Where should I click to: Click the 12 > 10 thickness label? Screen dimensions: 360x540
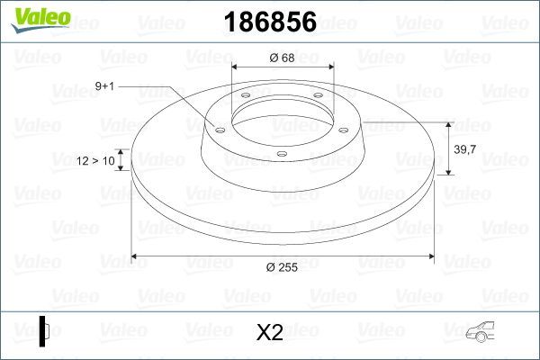(97, 160)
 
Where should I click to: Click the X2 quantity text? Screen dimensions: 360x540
(270, 333)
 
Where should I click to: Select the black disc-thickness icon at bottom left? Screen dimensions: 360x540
(44, 330)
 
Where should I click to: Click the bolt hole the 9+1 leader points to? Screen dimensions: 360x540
(217, 129)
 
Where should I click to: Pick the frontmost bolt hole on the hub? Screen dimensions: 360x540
(282, 154)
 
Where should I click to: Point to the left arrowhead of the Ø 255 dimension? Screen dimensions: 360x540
(136, 256)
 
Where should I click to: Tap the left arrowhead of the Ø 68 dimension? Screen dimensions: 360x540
(236, 67)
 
